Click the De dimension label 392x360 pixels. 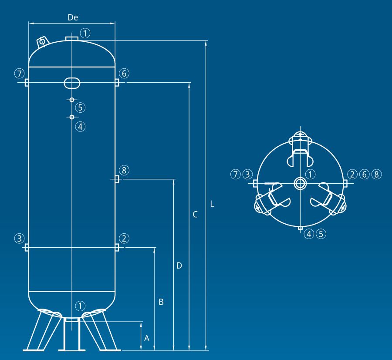73,17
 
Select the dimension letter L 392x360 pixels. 212,204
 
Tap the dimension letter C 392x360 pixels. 195,214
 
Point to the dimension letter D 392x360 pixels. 179,266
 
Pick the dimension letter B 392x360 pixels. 161,302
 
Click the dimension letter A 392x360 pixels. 147,338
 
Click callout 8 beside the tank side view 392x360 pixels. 124,170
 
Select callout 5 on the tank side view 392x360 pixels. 80,108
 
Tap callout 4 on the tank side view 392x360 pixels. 80,127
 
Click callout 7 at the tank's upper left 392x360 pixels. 19,74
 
